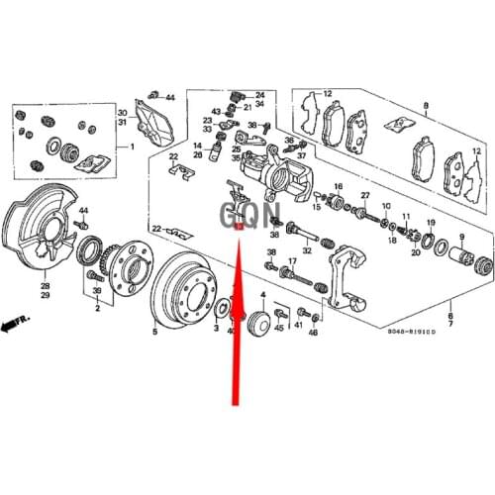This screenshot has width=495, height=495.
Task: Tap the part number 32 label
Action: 307,251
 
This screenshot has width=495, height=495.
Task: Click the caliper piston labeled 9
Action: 459,258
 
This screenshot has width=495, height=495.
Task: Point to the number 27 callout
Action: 364,195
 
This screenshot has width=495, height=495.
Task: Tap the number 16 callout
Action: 339,187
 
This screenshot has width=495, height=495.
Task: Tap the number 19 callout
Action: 431,222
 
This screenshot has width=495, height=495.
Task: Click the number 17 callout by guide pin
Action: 292,261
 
